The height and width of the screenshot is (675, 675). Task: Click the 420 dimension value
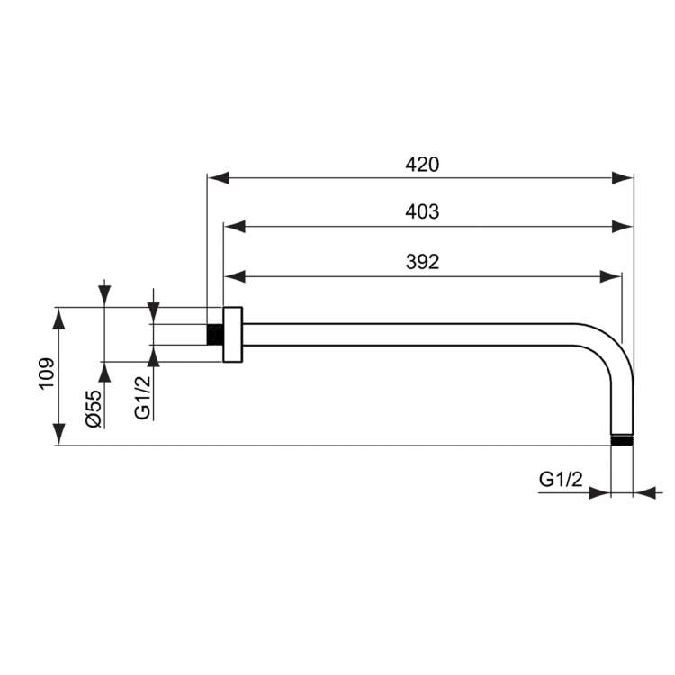point(421,165)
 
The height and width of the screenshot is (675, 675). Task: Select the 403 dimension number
point(422,212)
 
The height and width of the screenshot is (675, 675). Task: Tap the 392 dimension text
point(421,262)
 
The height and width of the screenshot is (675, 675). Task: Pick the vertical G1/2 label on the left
point(143,398)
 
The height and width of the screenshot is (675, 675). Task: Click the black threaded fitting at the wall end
point(214,334)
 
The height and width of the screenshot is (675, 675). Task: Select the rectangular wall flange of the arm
point(233,335)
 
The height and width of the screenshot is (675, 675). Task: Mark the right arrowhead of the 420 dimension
point(623,178)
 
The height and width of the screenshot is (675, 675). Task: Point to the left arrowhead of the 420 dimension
point(219,178)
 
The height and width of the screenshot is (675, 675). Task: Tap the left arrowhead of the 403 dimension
point(235,226)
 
